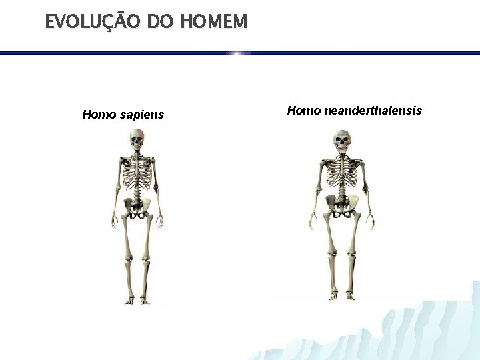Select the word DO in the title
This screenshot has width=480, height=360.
(x=160, y=22)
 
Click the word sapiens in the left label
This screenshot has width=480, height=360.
(x=142, y=115)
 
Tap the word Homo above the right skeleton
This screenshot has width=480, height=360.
(x=304, y=111)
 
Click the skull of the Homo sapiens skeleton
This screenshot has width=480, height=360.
(x=137, y=140)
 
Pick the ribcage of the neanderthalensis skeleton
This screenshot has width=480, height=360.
(x=342, y=175)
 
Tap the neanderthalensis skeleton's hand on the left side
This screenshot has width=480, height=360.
(x=313, y=222)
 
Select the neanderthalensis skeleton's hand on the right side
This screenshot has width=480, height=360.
(x=370, y=222)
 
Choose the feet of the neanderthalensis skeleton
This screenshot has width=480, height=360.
(x=342, y=297)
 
